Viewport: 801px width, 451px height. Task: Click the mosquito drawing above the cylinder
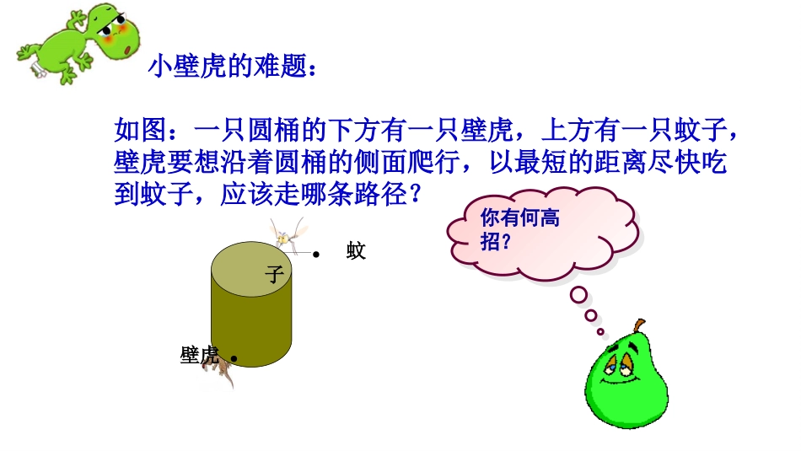(286, 234)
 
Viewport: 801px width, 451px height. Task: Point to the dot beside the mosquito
(316, 253)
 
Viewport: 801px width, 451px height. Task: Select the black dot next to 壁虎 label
(233, 358)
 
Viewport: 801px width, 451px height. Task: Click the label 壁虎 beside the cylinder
(200, 355)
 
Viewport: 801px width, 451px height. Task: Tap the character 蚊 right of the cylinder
(356, 250)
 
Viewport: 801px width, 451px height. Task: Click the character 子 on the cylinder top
(274, 274)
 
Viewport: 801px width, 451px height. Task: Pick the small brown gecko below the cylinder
(222, 371)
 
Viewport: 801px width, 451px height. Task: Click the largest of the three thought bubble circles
(578, 295)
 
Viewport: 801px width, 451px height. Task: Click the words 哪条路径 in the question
(364, 195)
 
